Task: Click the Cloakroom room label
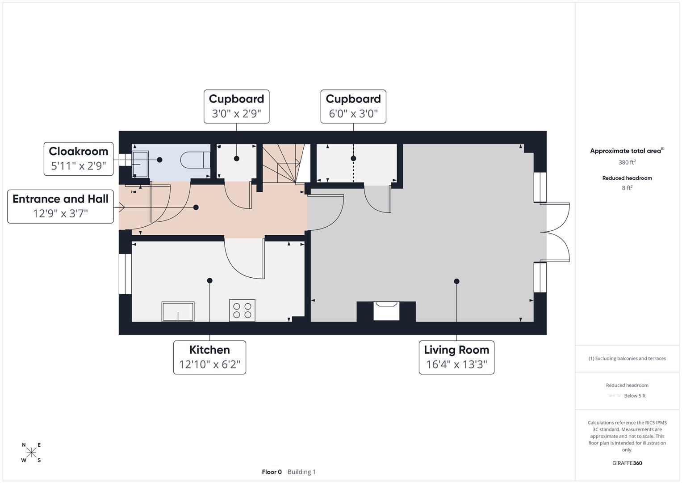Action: (78, 159)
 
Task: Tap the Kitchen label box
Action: (209, 357)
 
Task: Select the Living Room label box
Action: (456, 357)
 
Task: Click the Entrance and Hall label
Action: (60, 206)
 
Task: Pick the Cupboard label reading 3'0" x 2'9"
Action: (236, 106)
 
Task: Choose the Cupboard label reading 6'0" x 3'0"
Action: (353, 106)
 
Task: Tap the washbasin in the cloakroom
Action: (140, 164)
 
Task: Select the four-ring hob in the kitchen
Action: (242, 310)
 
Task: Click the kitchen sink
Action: (178, 312)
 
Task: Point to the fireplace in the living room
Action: (386, 310)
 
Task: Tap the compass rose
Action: (31, 453)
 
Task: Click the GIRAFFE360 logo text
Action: (627, 463)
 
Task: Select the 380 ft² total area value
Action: (627, 162)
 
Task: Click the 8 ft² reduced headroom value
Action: (627, 188)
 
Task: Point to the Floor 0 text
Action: (272, 472)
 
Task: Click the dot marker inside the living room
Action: (456, 281)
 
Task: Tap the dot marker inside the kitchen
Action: (209, 280)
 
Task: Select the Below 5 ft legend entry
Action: (628, 396)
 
